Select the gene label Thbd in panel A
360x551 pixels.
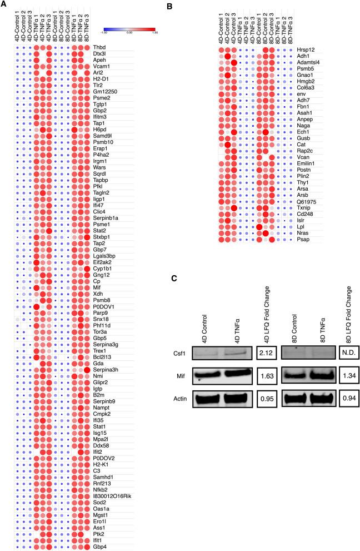tap(99, 48)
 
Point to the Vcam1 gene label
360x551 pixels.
tap(101, 67)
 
